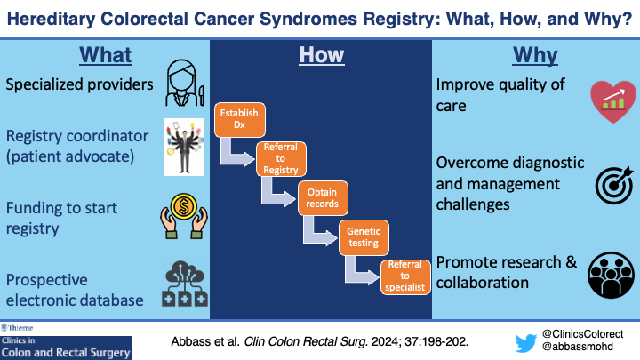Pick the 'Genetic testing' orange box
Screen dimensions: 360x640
pyautogui.click(x=362, y=236)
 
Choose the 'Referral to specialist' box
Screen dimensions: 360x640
pyautogui.click(x=405, y=276)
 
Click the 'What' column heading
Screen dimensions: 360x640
pyautogui.click(x=105, y=55)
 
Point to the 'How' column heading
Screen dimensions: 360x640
pyautogui.click(x=320, y=55)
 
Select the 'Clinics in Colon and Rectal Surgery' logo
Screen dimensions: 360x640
pyautogui.click(x=66, y=341)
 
